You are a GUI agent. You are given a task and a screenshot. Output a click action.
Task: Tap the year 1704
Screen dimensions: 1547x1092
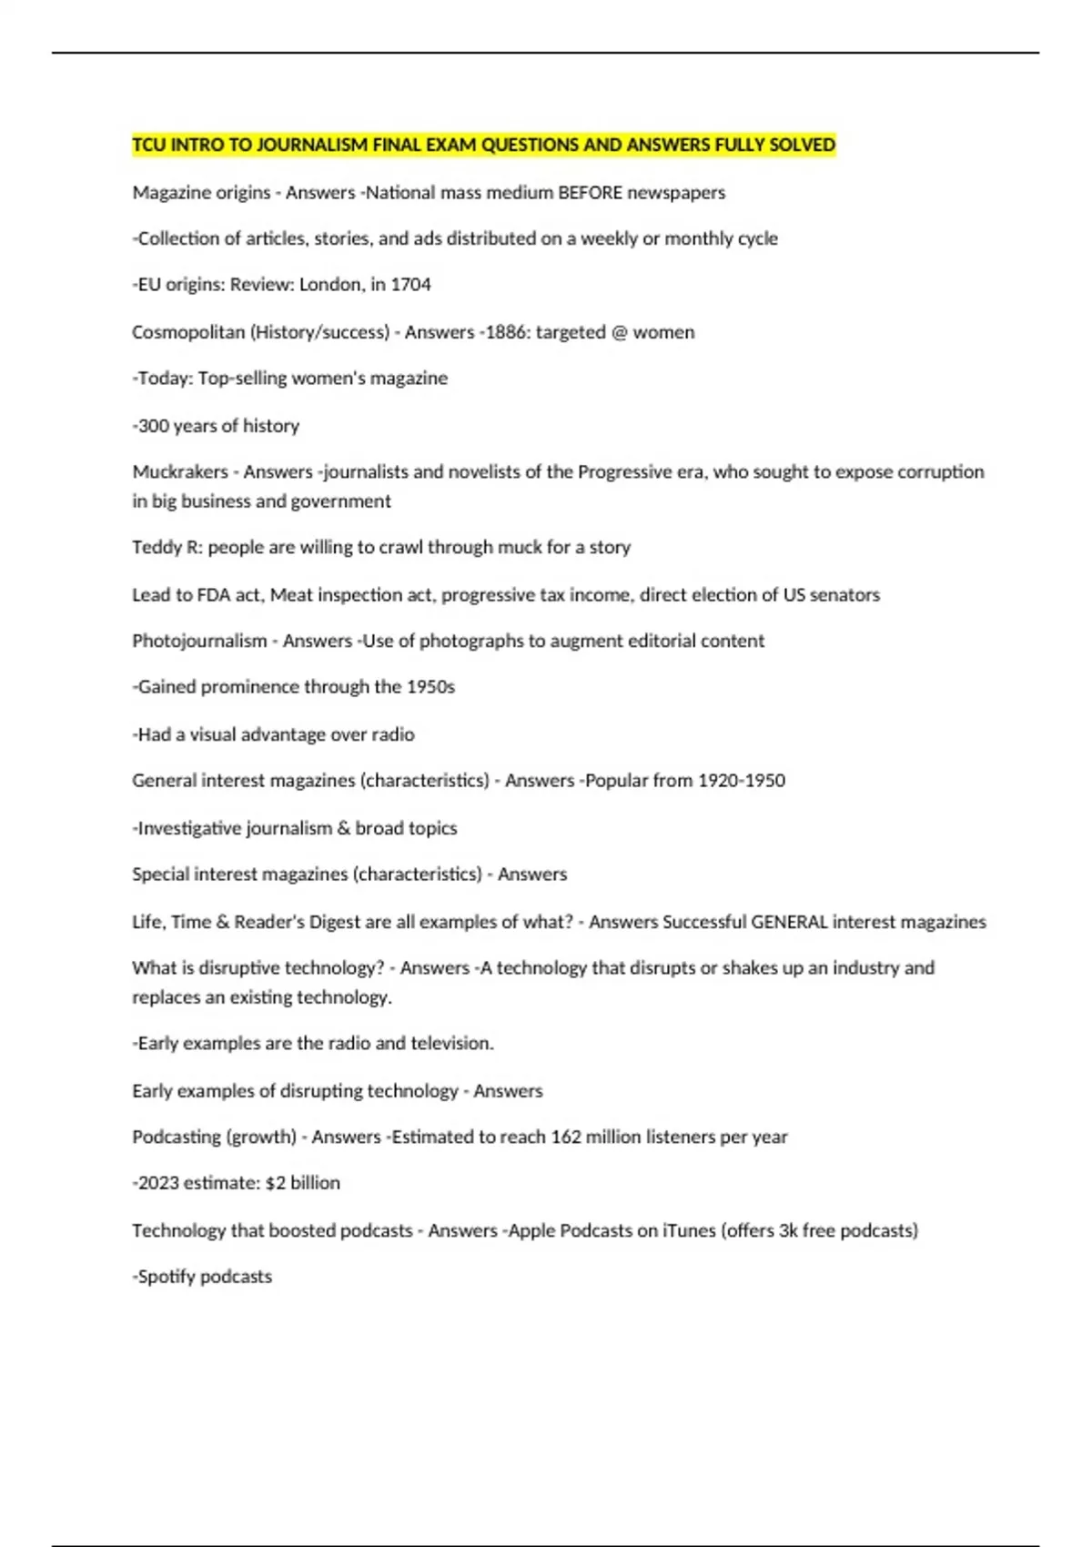coord(410,285)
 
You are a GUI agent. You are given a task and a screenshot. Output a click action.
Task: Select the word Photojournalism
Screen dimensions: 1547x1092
coord(199,641)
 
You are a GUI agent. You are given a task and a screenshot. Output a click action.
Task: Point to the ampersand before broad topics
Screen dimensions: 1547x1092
coord(343,828)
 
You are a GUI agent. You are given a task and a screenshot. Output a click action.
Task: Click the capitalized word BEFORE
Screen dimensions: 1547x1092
coord(590,193)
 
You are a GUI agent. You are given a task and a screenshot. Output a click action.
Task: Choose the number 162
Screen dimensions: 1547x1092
coord(565,1137)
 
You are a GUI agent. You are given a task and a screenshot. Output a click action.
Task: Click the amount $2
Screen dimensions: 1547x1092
coord(276,1183)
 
